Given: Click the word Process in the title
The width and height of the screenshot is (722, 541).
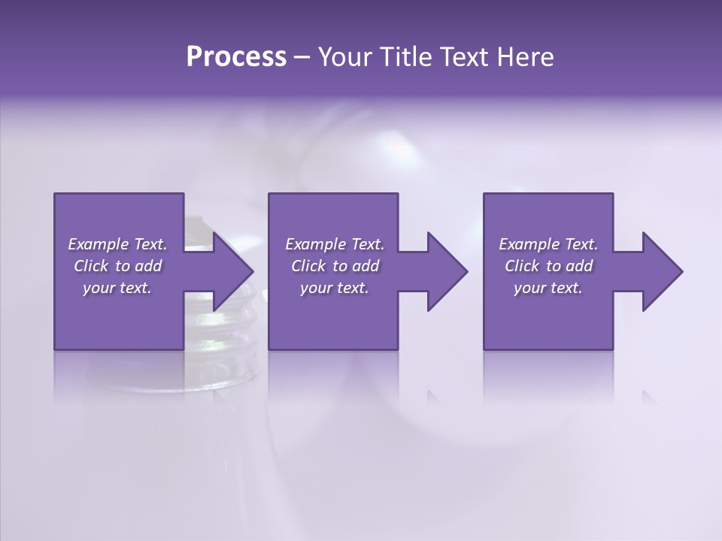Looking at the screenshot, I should pos(236,57).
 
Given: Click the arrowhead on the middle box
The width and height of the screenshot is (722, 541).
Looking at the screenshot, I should pos(444,271).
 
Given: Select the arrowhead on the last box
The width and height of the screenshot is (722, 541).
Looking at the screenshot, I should pos(659,271).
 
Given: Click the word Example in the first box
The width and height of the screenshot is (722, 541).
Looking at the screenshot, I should pos(97,244).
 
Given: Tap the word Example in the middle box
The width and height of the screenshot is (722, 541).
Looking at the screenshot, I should pos(314,244).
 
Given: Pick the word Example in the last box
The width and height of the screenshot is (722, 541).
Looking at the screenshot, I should pos(528,244).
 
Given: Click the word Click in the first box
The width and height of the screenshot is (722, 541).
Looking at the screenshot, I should pos(91,266).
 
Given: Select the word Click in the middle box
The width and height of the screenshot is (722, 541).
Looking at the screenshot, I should pos(308,266).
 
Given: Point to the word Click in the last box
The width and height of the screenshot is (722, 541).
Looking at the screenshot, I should pos(522,266).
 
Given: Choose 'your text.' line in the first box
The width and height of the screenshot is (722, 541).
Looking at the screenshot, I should pos(117,288).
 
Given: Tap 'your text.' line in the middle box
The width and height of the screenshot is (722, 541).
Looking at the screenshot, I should pos(335,288).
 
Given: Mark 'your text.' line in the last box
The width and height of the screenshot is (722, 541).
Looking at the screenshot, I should pos(548,288).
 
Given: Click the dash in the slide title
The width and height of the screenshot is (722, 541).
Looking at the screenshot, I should pos(302,57).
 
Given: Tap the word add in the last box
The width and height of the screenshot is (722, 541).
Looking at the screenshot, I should pos(578,266).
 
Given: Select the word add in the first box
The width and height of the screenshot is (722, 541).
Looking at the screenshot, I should pos(147,266).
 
